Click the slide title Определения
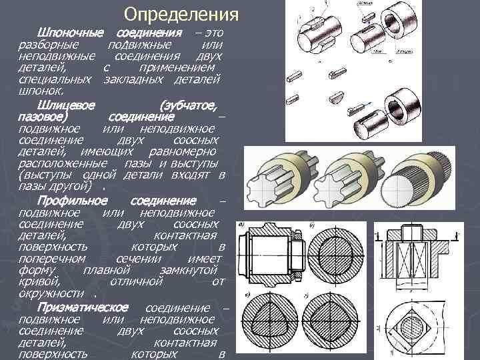click(x=181, y=15)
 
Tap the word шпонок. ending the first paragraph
click(x=42, y=90)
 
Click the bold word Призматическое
click(x=83, y=307)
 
